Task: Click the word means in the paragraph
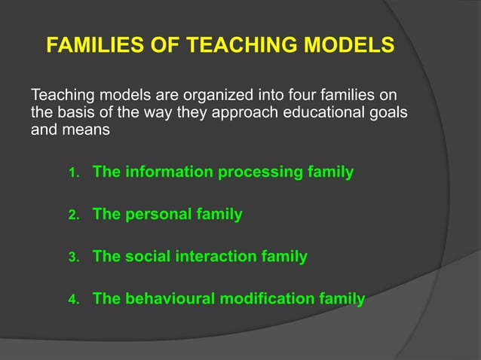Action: tap(90, 130)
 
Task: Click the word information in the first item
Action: tap(167, 172)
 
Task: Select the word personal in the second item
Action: tap(158, 215)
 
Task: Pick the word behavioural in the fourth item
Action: tap(170, 299)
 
